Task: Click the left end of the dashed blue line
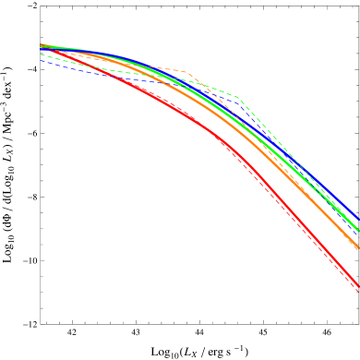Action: (41, 61)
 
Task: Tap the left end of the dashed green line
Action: (41, 54)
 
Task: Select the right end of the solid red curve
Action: (359, 285)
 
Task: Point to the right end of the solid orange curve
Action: (359, 247)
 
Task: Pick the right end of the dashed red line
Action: (359, 292)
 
